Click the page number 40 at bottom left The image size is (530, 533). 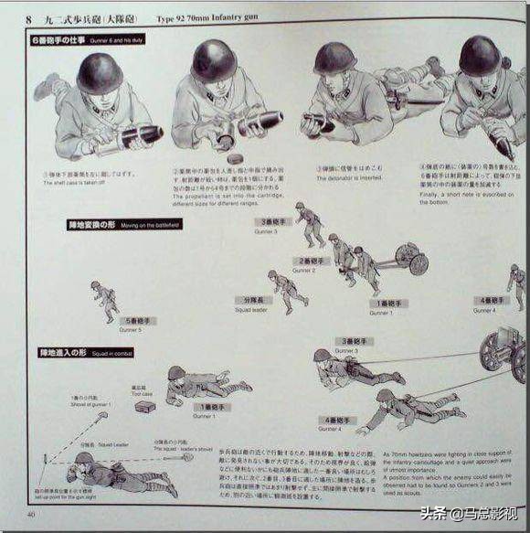31,515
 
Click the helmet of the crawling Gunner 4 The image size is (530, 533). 385,395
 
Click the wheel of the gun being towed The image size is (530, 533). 418,264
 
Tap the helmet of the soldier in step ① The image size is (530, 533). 100,71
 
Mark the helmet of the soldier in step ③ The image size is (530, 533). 334,59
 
